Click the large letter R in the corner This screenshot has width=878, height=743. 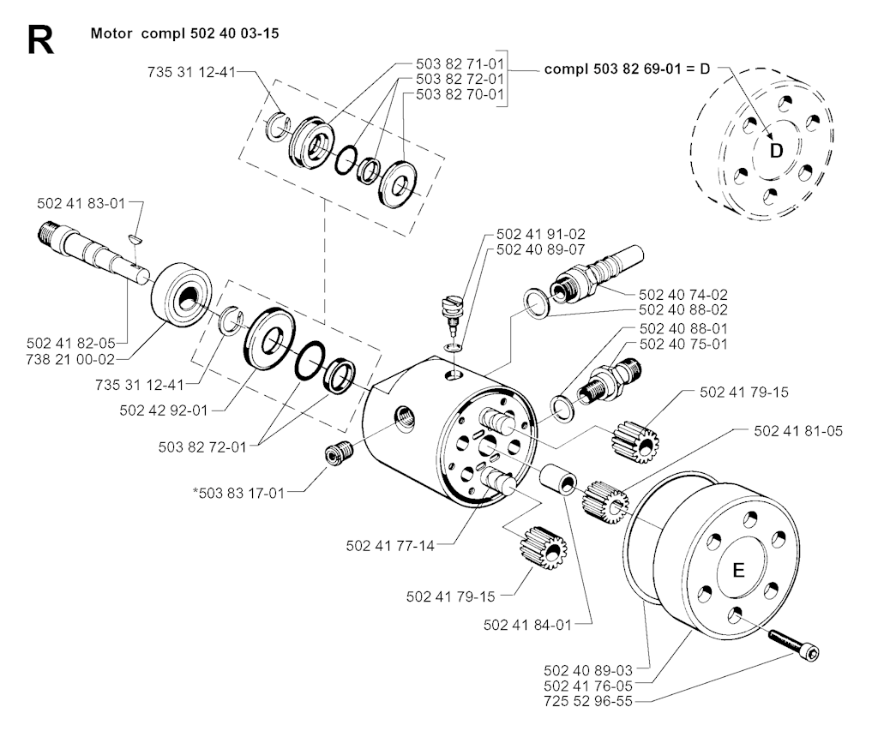click(40, 40)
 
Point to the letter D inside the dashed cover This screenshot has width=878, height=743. click(776, 151)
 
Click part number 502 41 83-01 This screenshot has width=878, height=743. click(81, 203)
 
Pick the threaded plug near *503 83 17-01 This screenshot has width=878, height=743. click(340, 451)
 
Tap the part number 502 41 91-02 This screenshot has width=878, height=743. click(538, 234)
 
